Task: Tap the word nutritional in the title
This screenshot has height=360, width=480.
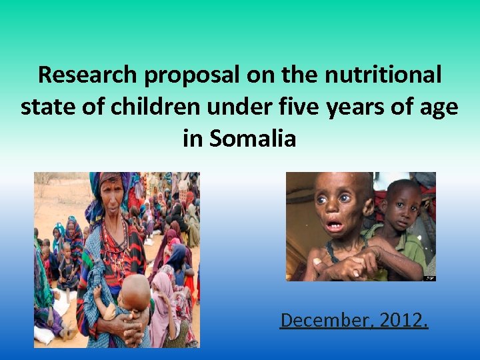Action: click(383, 75)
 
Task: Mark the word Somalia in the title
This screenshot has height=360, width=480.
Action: click(254, 138)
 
